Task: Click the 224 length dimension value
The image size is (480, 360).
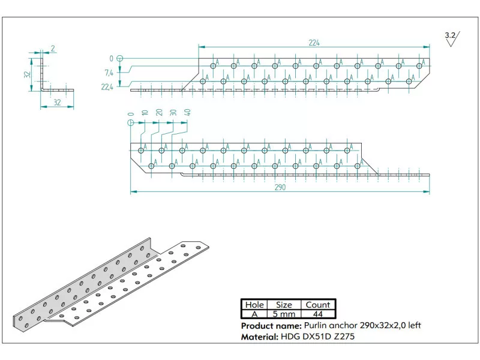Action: pyautogui.click(x=314, y=42)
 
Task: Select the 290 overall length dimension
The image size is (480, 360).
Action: pyautogui.click(x=280, y=187)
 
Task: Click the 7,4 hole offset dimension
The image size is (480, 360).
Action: pyautogui.click(x=109, y=73)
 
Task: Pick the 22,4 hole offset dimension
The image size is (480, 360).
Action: pyautogui.click(x=107, y=86)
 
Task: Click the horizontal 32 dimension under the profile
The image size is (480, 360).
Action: pyautogui.click(x=57, y=103)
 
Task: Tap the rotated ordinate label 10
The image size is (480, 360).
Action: pyautogui.click(x=144, y=113)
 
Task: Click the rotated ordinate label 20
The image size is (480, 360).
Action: pyautogui.click(x=159, y=113)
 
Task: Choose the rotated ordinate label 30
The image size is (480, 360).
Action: pyautogui.click(x=173, y=113)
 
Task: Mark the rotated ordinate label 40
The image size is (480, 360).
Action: pyautogui.click(x=188, y=113)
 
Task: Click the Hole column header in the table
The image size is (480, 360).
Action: pyautogui.click(x=254, y=305)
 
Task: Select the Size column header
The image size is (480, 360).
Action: pyautogui.click(x=284, y=305)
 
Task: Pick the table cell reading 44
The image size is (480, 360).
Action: pyautogui.click(x=317, y=314)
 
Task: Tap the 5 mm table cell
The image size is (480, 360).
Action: pyautogui.click(x=284, y=314)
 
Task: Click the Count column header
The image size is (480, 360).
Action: pyautogui.click(x=317, y=305)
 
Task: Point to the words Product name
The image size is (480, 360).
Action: pyautogui.click(x=268, y=325)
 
